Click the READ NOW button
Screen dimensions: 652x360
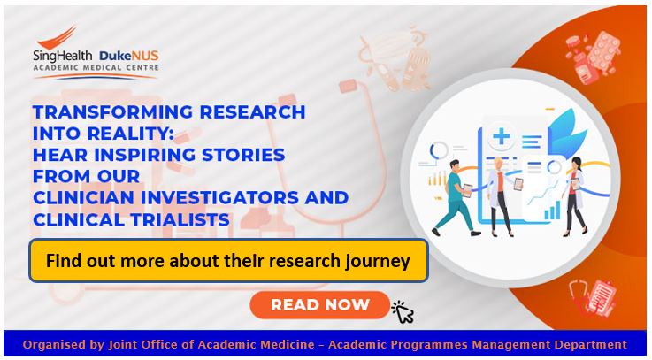[x=319, y=304]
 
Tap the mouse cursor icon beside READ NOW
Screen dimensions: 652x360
[x=403, y=311]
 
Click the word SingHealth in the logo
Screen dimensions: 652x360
[x=63, y=56]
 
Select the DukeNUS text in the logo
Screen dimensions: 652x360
[x=128, y=56]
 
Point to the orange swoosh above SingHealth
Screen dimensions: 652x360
[x=57, y=37]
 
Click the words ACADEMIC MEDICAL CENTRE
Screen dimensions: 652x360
[x=96, y=67]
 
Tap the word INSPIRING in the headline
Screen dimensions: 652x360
[x=145, y=155]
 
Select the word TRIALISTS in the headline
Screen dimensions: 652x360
[x=180, y=219]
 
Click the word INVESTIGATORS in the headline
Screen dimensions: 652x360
[x=219, y=198]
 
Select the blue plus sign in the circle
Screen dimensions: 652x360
[x=502, y=136]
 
